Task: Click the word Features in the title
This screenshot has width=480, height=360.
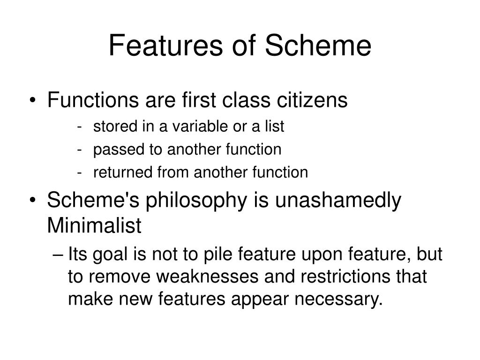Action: [x=165, y=45]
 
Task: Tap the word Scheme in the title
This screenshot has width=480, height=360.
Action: [x=318, y=45]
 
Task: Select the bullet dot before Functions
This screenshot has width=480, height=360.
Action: [x=33, y=100]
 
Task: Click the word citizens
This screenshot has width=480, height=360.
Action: [x=312, y=100]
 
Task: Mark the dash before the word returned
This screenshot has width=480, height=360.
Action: [x=80, y=173]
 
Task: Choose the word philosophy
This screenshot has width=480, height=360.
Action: [x=196, y=201]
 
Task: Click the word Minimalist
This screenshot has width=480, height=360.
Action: [x=94, y=225]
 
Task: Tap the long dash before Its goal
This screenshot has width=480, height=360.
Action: [x=58, y=255]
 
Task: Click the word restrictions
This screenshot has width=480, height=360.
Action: [x=345, y=276]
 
